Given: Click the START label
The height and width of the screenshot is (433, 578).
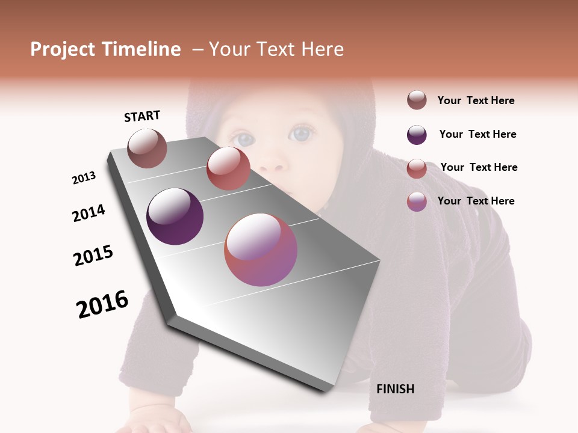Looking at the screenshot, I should [142, 116].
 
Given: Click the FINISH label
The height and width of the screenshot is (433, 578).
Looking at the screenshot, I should [396, 389].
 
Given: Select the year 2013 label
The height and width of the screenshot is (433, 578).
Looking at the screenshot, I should [84, 178].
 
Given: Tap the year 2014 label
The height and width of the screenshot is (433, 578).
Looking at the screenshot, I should [89, 213].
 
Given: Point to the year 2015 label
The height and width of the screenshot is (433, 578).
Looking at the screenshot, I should [93, 255].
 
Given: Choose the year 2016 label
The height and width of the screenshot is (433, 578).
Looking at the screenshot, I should [102, 304].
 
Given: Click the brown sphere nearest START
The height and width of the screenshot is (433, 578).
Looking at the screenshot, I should [147, 148].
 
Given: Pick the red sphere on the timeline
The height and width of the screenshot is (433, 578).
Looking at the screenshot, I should [228, 168].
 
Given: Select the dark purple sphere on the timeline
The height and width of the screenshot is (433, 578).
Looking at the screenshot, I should [175, 216].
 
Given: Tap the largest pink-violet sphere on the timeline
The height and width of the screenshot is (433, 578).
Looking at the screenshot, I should [261, 250].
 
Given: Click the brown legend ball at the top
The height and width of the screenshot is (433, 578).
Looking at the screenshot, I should [417, 100].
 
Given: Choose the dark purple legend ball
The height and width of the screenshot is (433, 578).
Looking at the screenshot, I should [417, 135].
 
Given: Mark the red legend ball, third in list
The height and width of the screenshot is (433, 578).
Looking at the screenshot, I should [417, 168].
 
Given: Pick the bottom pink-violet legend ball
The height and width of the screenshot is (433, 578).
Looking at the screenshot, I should [417, 201].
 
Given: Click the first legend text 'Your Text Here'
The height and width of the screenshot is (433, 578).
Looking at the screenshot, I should [476, 100].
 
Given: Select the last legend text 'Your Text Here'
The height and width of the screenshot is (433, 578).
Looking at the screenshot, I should [476, 201].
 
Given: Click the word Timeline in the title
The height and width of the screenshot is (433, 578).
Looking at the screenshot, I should [141, 49].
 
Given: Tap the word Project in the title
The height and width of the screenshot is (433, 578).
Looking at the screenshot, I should [62, 49].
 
